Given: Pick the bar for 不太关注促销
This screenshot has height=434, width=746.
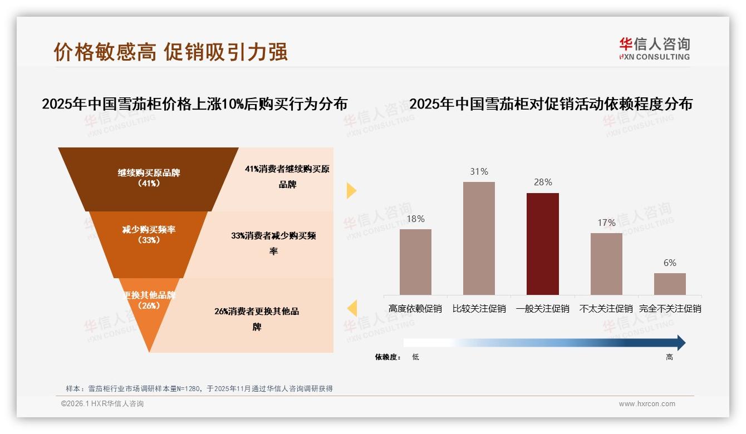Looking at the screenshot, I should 606,264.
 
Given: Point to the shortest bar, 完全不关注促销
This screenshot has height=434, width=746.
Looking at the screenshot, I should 670,284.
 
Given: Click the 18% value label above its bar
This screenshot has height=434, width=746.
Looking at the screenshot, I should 415,219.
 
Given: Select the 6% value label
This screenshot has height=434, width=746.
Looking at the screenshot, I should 670,263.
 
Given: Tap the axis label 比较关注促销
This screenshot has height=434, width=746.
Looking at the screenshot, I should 479,308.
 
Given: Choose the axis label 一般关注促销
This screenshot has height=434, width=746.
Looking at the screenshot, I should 543,308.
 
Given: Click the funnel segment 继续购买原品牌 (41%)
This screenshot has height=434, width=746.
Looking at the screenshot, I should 149,178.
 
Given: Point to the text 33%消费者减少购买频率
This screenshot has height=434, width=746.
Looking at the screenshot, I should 273,243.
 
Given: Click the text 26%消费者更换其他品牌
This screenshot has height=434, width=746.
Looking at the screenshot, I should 257,319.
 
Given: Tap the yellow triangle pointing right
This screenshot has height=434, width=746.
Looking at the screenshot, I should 351,190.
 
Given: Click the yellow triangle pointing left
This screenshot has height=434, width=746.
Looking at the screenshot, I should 352,308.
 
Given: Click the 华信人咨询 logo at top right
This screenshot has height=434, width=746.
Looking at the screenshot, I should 654,48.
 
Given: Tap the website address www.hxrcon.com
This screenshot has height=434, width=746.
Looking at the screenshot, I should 647,404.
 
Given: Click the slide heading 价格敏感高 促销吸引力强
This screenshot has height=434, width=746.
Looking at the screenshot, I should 170,52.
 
